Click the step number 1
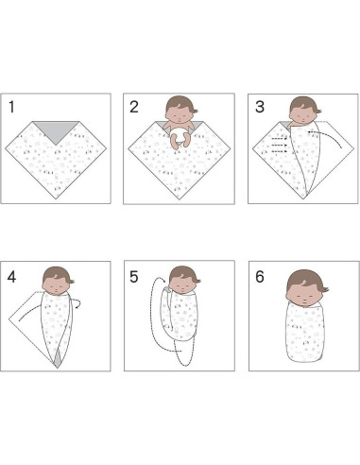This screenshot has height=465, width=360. pyautogui.click(x=11, y=107)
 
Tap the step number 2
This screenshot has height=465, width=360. pyautogui.click(x=134, y=107)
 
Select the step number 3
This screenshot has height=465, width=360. pyautogui.click(x=260, y=107)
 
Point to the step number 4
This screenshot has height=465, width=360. pyautogui.click(x=11, y=277)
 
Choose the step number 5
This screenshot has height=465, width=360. pyautogui.click(x=134, y=277)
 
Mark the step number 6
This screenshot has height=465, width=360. pyautogui.click(x=260, y=277)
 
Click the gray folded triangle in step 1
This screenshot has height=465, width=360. pyautogui.click(x=56, y=130)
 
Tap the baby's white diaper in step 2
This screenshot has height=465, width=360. pyautogui.click(x=179, y=135)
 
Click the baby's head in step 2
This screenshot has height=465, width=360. pyautogui.click(x=180, y=110)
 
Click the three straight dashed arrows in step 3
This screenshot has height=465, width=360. pyautogui.click(x=280, y=146)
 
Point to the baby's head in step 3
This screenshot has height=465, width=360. pyautogui.click(x=303, y=111)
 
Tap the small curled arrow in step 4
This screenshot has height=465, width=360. pyautogui.click(x=77, y=302)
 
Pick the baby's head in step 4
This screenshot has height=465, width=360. pyautogui.click(x=58, y=281)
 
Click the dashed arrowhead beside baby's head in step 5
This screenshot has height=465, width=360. pyautogui.click(x=163, y=280)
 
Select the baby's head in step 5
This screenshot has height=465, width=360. pyautogui.click(x=183, y=280)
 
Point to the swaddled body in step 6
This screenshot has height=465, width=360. pyautogui.click(x=305, y=332)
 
